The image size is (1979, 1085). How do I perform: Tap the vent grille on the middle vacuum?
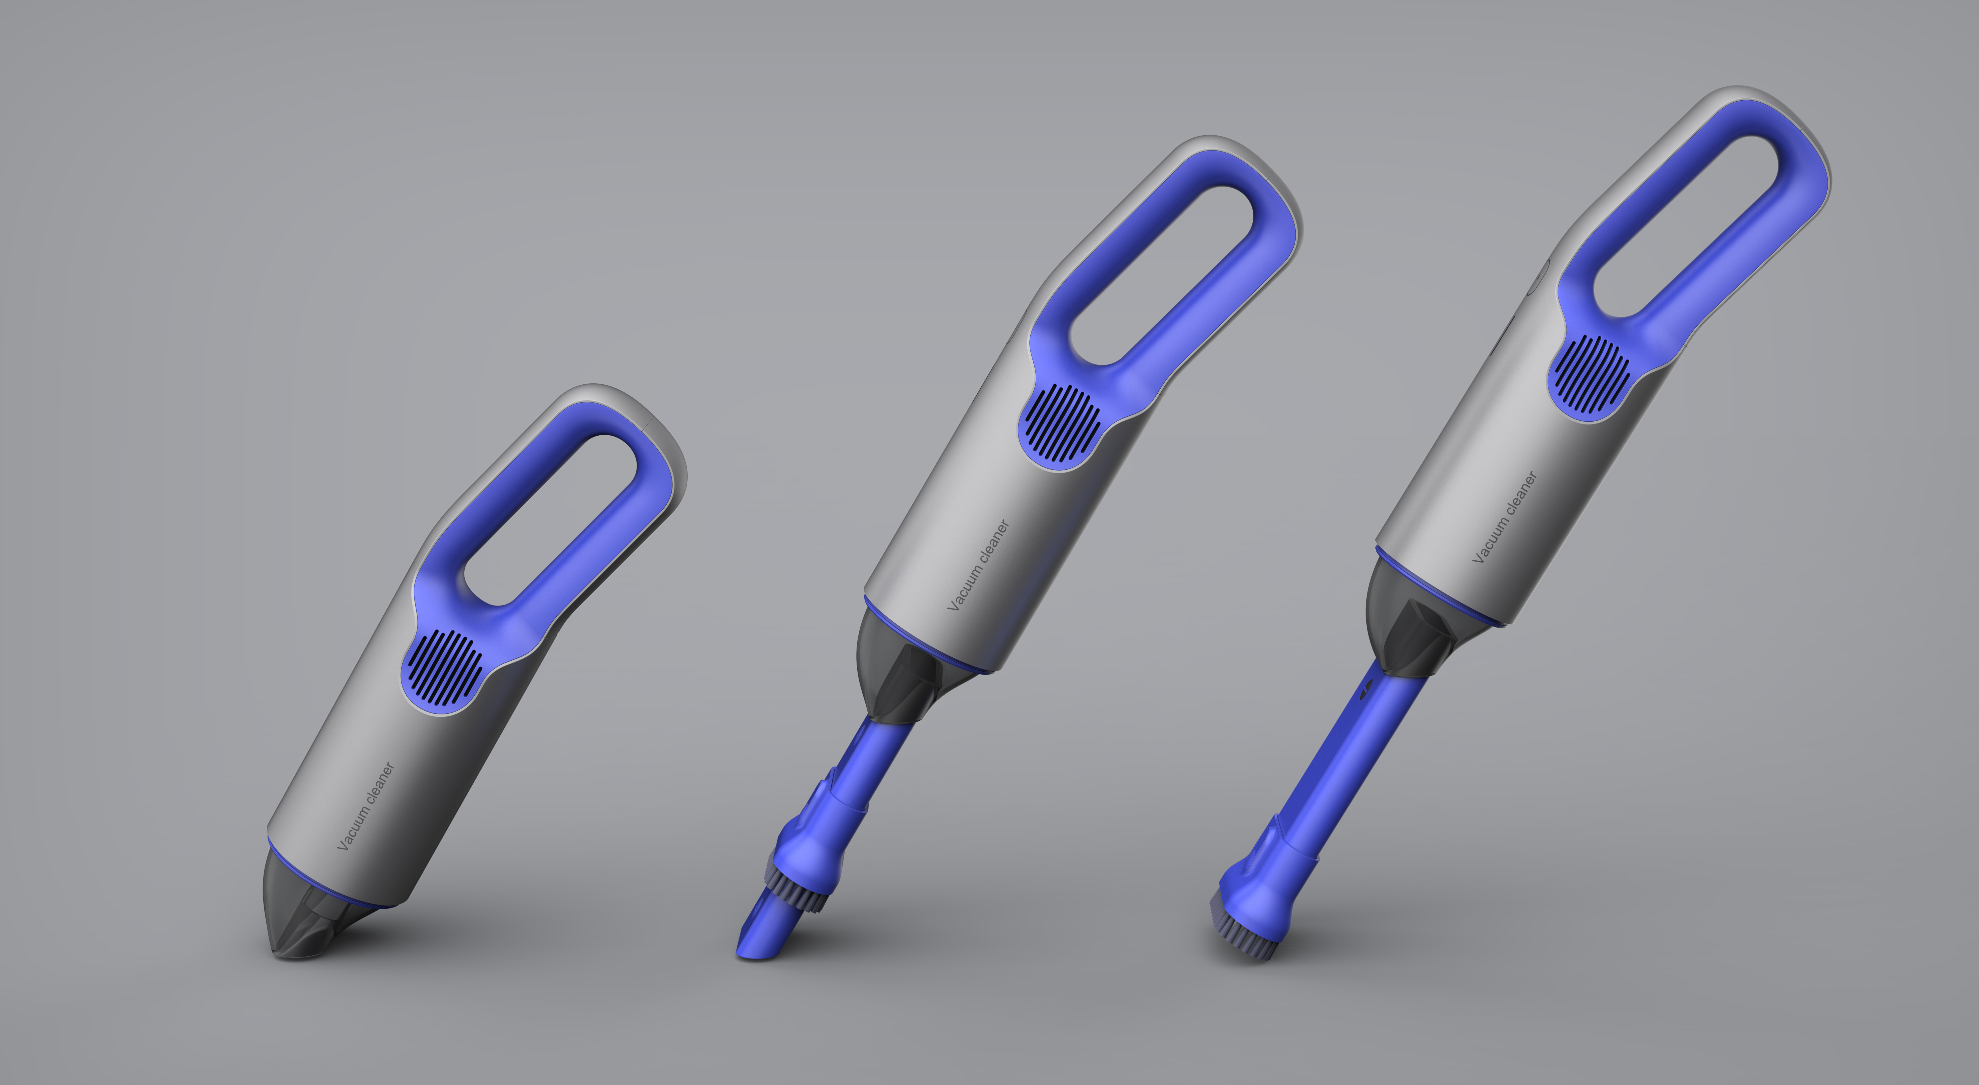coord(1062,423)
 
